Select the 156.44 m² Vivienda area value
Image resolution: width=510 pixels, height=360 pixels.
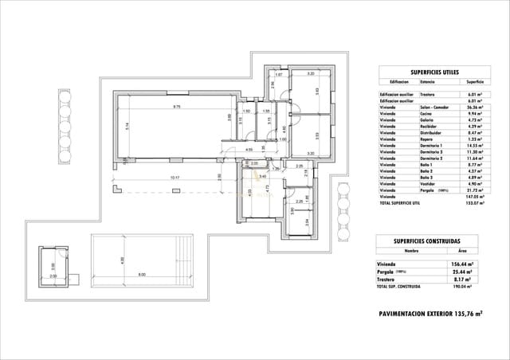[463, 264]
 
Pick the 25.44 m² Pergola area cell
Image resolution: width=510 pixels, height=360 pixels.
[463, 272]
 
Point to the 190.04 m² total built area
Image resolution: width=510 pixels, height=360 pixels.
[463, 286]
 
